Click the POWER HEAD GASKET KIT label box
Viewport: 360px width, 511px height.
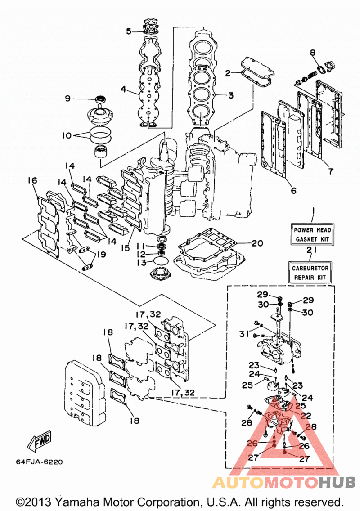click(312, 234)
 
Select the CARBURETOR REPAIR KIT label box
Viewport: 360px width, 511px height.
click(310, 273)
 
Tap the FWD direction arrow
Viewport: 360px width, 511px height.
click(40, 440)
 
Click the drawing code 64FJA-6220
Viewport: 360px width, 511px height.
click(39, 462)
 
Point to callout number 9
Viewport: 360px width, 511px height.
click(67, 98)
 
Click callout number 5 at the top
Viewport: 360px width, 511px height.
click(129, 31)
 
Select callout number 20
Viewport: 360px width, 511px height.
click(257, 243)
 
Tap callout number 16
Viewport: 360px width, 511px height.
click(32, 180)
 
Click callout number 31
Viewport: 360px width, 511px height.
click(244, 334)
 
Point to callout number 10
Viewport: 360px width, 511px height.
click(67, 135)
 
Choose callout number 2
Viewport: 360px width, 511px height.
click(228, 73)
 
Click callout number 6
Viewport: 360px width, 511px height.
click(293, 190)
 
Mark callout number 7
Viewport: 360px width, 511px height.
click(331, 171)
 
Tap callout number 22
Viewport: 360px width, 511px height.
click(306, 416)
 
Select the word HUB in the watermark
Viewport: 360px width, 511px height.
click(337, 482)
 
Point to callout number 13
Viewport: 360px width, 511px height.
click(142, 262)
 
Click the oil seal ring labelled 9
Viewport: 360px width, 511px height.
click(101, 99)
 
